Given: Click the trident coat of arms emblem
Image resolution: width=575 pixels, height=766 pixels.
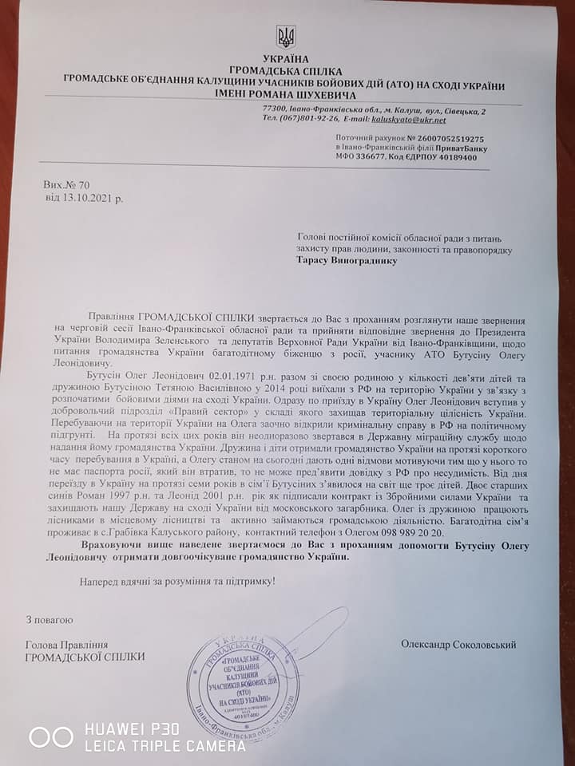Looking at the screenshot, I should [x=285, y=37].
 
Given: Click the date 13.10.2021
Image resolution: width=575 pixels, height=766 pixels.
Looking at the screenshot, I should [x=91, y=197].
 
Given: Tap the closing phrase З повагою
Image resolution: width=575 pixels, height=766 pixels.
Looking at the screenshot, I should [x=50, y=619].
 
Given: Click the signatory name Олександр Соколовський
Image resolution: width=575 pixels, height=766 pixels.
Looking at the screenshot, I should [x=459, y=644].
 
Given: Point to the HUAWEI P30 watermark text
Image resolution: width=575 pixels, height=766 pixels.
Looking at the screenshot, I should [x=132, y=729].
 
